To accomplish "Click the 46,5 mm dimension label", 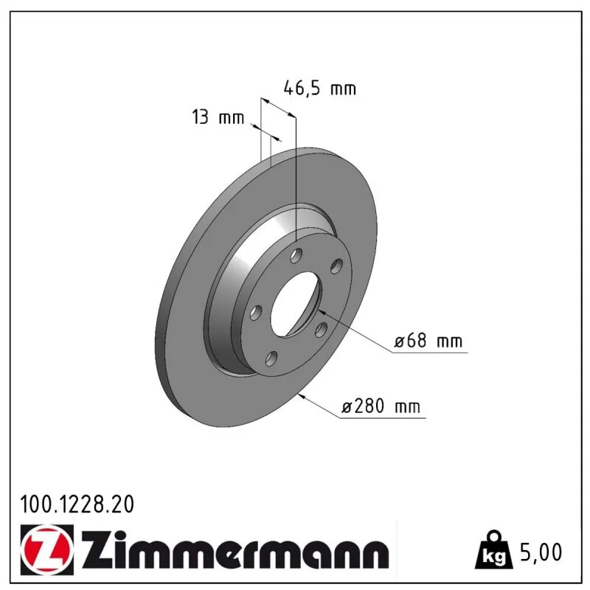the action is coord(319,88).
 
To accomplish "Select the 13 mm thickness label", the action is coord(218,117).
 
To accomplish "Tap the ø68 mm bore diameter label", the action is coord(428,341).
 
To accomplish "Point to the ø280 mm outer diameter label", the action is coord(381,406).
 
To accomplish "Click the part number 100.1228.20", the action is coord(77,504).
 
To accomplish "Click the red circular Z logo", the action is coord(47,549).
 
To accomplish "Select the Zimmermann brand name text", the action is coord(235,550).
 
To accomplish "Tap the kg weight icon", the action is coord(494,551).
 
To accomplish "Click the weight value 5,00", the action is coord(541,552).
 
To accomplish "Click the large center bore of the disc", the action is coord(296,304).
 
